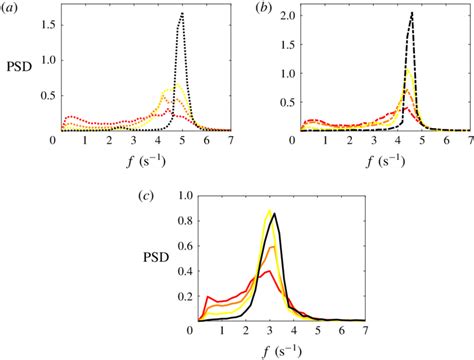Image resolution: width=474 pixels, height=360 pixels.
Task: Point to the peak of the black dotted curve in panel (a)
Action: click(181, 13)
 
